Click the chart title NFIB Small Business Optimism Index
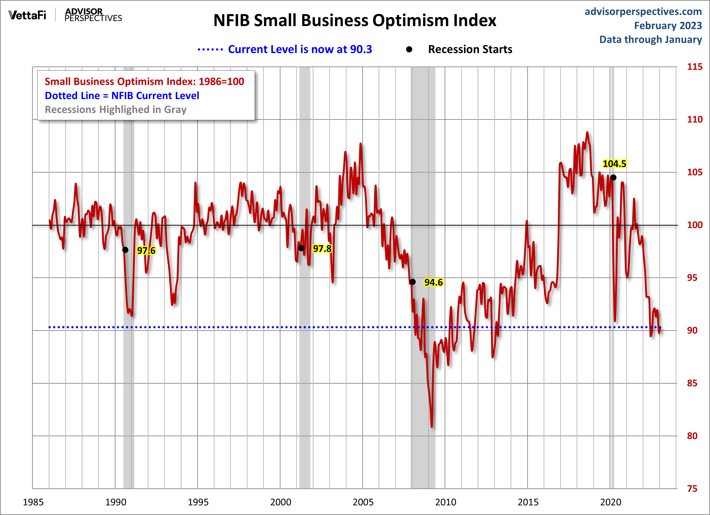coord(355,21)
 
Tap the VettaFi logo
coord(27,15)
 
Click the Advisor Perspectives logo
coord(93,15)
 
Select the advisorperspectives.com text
coord(643,12)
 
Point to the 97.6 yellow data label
coord(146,251)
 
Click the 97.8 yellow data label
coord(322,249)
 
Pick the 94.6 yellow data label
coord(433,282)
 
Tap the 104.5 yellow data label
coord(614,164)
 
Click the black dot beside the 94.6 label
coord(413,282)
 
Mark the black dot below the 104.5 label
coord(613,178)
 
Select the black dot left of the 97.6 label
coord(125,250)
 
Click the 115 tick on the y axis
coord(694,67)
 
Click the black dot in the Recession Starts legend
coord(409,49)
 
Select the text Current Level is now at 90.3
coord(300,49)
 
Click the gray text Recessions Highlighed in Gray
coord(115,110)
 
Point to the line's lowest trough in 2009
coord(432,426)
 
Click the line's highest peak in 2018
coord(587,133)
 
